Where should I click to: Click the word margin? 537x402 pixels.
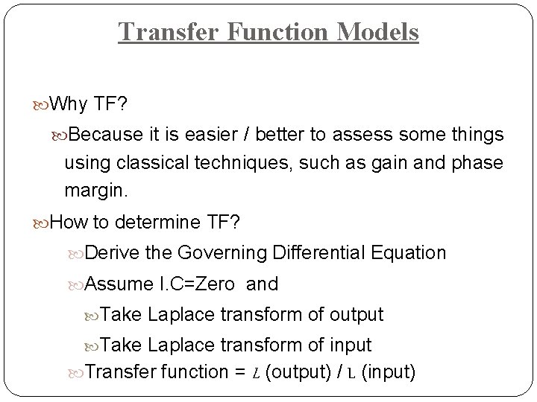(95, 191)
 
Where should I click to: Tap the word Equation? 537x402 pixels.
(409, 253)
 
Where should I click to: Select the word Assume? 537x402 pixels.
(116, 284)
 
